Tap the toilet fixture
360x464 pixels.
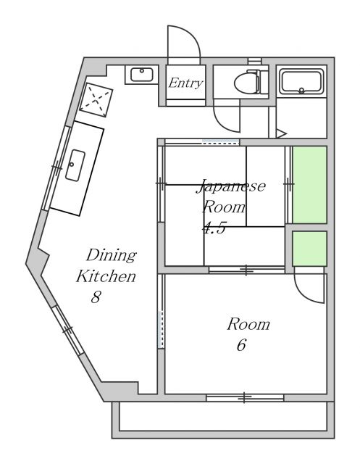(246, 83)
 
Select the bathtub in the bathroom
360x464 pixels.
(303, 81)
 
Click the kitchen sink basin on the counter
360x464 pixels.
(75, 166)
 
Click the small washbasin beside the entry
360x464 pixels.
(141, 75)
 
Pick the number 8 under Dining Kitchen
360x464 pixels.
(96, 297)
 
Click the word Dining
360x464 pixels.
(111, 255)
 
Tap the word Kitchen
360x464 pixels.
(107, 276)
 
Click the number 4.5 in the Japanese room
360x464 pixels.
(214, 227)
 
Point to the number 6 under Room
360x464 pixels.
(241, 345)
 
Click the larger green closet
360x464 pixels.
(309, 184)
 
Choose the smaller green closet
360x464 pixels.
(309, 248)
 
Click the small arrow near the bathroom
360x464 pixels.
(282, 133)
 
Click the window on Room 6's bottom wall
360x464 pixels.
(244, 397)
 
